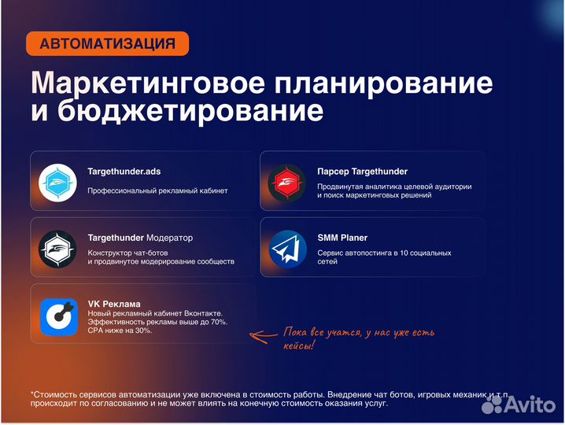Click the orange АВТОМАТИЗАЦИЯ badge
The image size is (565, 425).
pyautogui.click(x=107, y=43)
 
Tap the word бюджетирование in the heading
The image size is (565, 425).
pyautogui.click(x=177, y=111)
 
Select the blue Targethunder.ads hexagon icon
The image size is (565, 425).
pyautogui.click(x=58, y=181)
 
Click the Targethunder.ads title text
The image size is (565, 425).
pyautogui.click(x=124, y=171)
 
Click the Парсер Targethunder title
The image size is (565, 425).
pyautogui.click(x=362, y=171)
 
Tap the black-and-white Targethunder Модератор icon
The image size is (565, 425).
pyautogui.click(x=58, y=248)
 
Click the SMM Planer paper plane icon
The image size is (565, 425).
pyautogui.click(x=287, y=248)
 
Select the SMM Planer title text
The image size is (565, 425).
pyautogui.click(x=342, y=238)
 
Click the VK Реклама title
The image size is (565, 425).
pyautogui.click(x=114, y=305)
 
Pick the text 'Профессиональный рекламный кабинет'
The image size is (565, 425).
pyautogui.click(x=157, y=190)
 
